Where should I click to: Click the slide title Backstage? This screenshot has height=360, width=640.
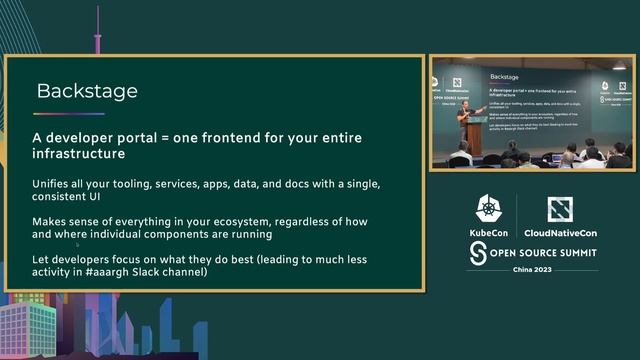coord(87,92)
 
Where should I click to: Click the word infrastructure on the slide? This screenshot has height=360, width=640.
coord(84,155)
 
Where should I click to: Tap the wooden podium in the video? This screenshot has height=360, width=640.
coord(474,138)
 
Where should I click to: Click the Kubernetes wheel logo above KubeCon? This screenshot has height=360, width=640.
coord(489,210)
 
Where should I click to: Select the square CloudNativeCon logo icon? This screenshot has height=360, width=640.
coord(560,209)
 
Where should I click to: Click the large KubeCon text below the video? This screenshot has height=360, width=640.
coord(489,232)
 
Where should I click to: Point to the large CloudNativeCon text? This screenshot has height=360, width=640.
coord(560,232)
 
